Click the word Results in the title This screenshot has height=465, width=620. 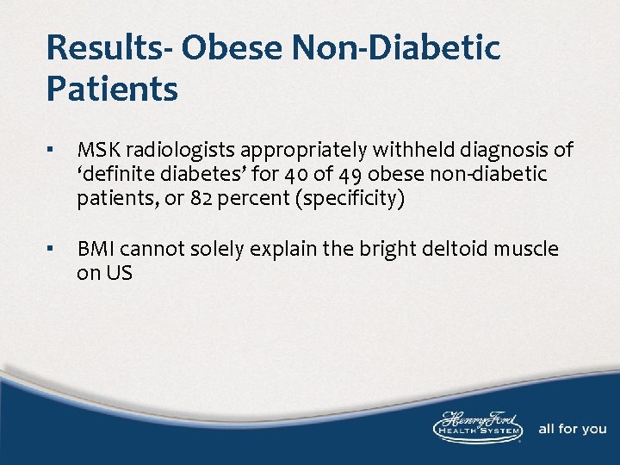coord(101,47)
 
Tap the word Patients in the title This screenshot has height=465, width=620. coord(113,89)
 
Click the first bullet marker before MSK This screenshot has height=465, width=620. coord(52,151)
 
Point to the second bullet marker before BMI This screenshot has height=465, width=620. coord(52,250)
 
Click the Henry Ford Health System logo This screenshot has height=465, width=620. coord(478,427)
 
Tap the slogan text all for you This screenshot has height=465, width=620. coord(572,429)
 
